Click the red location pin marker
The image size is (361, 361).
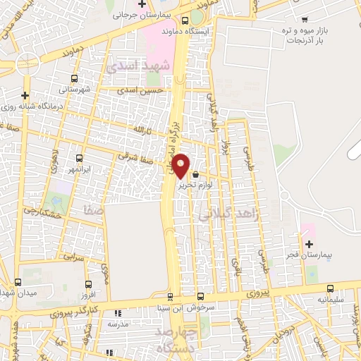(x=180, y=166)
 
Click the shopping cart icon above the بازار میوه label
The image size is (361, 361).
(x=304, y=19)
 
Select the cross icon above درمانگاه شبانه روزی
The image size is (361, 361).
(x=25, y=94)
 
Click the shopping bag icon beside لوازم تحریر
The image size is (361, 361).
(x=195, y=174)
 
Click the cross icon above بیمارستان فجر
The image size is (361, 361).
(x=309, y=243)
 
